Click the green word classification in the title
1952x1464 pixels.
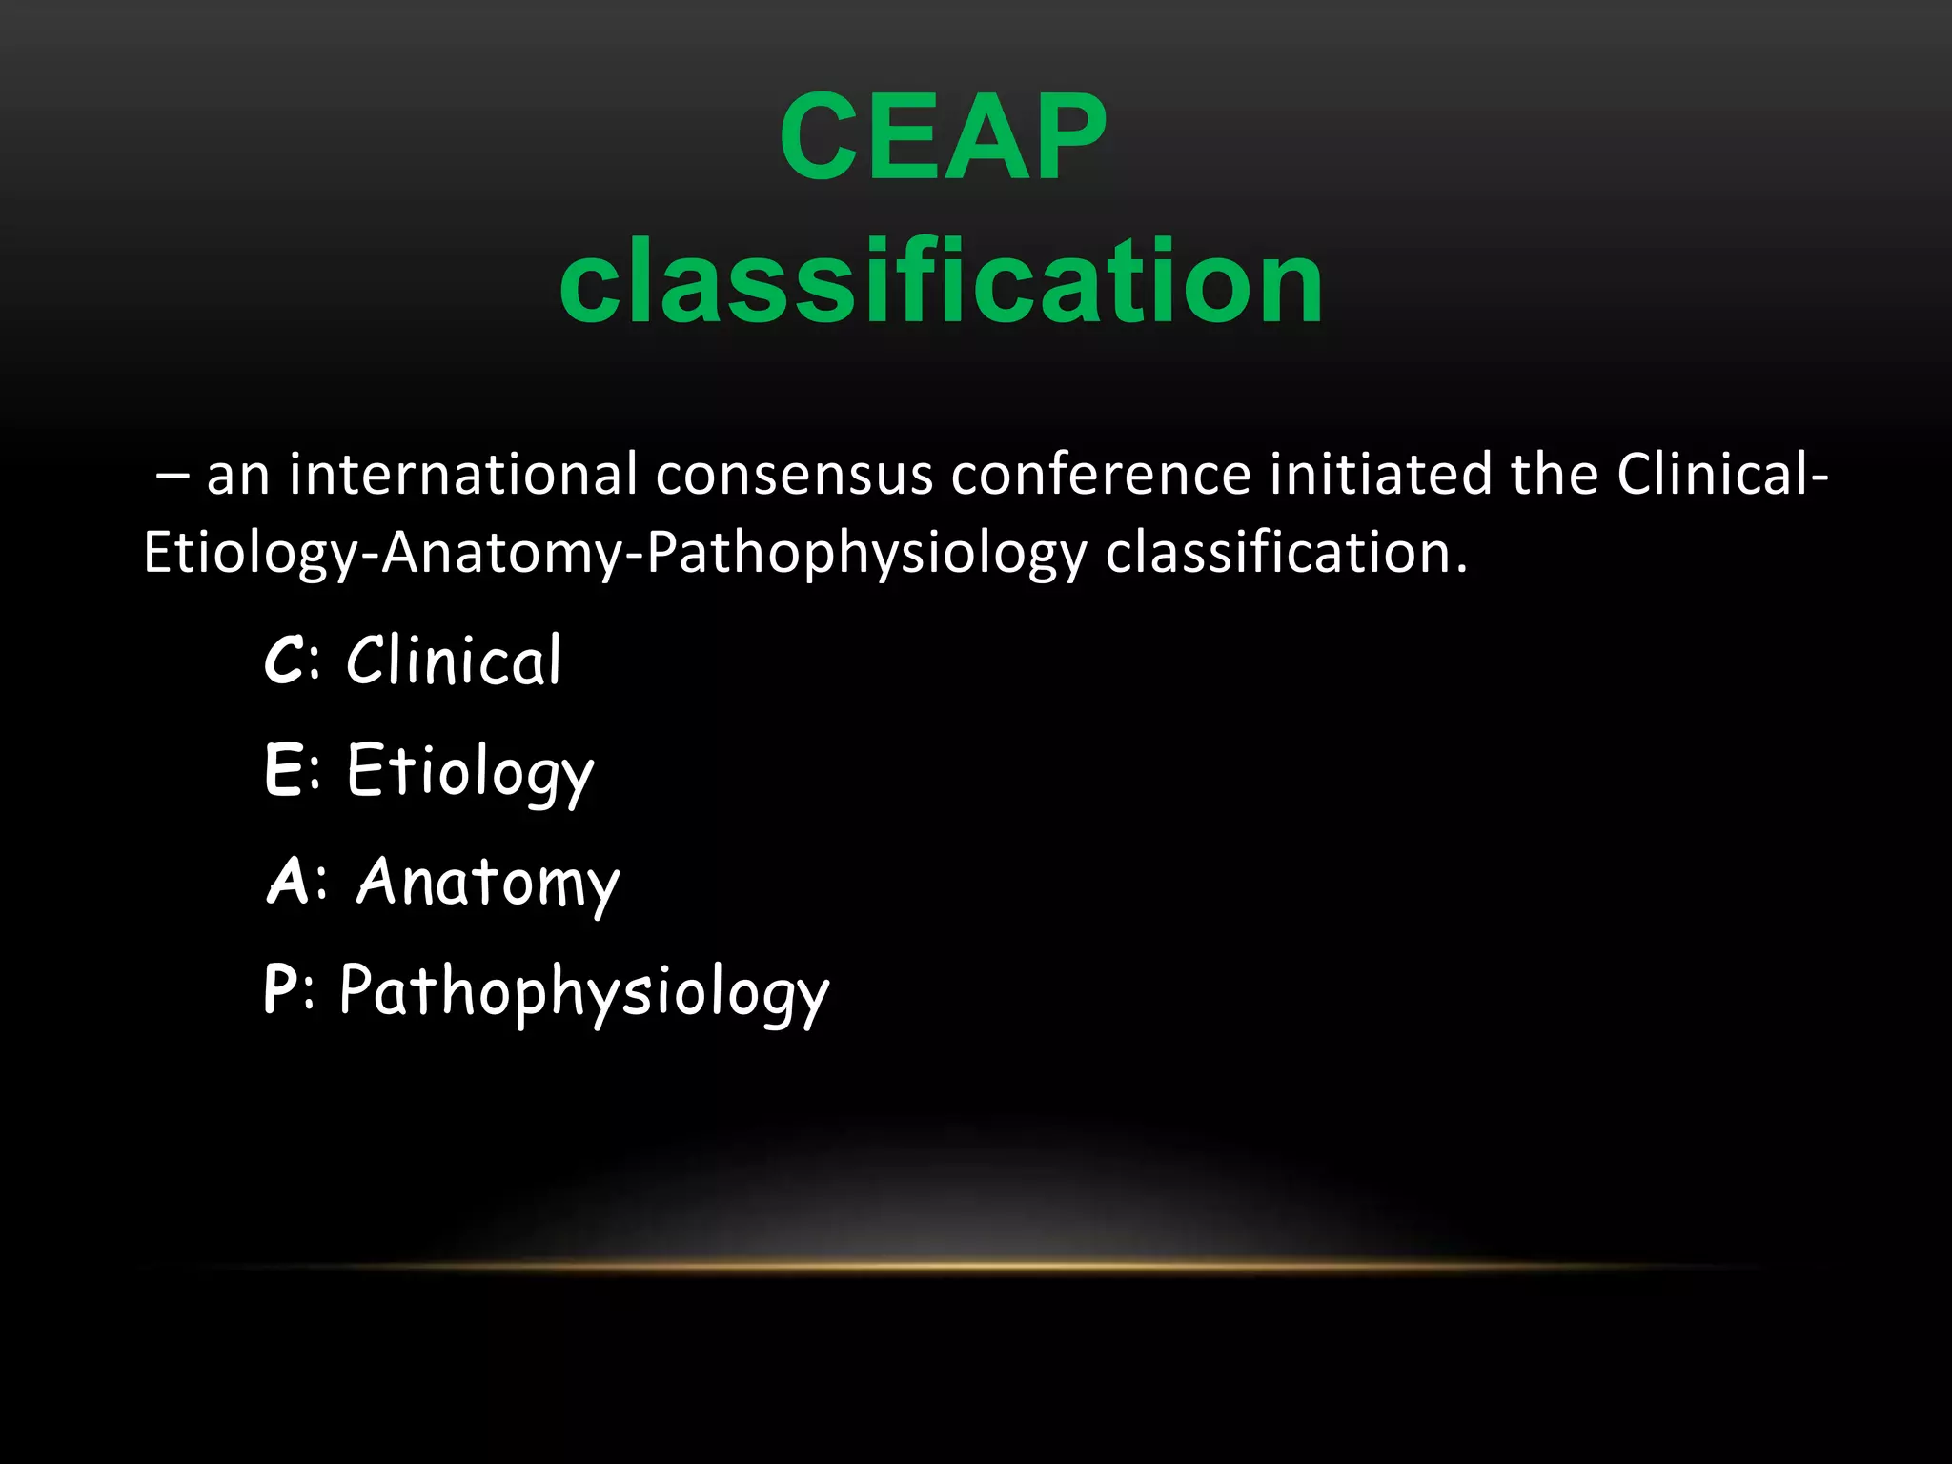[x=941, y=281]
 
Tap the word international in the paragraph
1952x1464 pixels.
[x=463, y=475]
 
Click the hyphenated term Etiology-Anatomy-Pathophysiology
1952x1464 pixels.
[x=615, y=553]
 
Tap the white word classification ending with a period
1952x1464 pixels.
[x=1286, y=553]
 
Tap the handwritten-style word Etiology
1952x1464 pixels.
[x=470, y=771]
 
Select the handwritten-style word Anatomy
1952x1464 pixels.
[x=488, y=883]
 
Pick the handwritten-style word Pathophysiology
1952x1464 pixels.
[x=584, y=992]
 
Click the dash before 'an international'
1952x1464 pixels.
[x=173, y=477]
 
